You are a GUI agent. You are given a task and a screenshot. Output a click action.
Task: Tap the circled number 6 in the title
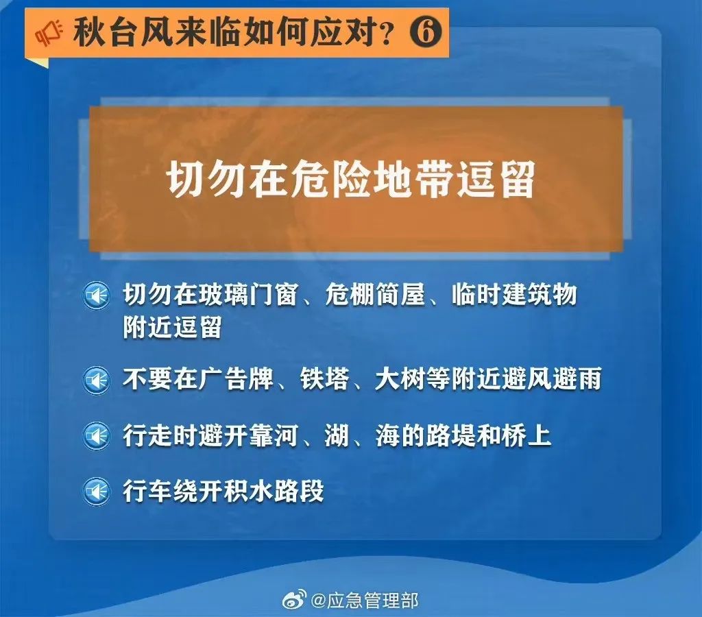pyautogui.click(x=425, y=32)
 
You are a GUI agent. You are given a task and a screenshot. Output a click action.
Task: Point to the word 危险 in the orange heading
pyautogui.click(x=330, y=180)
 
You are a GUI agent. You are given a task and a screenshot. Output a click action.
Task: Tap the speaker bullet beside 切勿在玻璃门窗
pyautogui.click(x=96, y=295)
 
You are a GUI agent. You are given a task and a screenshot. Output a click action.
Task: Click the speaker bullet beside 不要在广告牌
pyautogui.click(x=96, y=380)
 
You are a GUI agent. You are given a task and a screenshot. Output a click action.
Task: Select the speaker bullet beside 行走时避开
pyautogui.click(x=96, y=435)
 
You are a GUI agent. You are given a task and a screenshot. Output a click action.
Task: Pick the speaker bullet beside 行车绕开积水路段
pyautogui.click(x=96, y=491)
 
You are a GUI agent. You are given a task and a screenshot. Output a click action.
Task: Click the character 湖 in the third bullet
pyautogui.click(x=337, y=435)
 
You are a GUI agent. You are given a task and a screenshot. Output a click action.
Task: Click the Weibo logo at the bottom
pyautogui.click(x=295, y=599)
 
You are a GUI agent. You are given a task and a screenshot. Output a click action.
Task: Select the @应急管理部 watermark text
pyautogui.click(x=365, y=600)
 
